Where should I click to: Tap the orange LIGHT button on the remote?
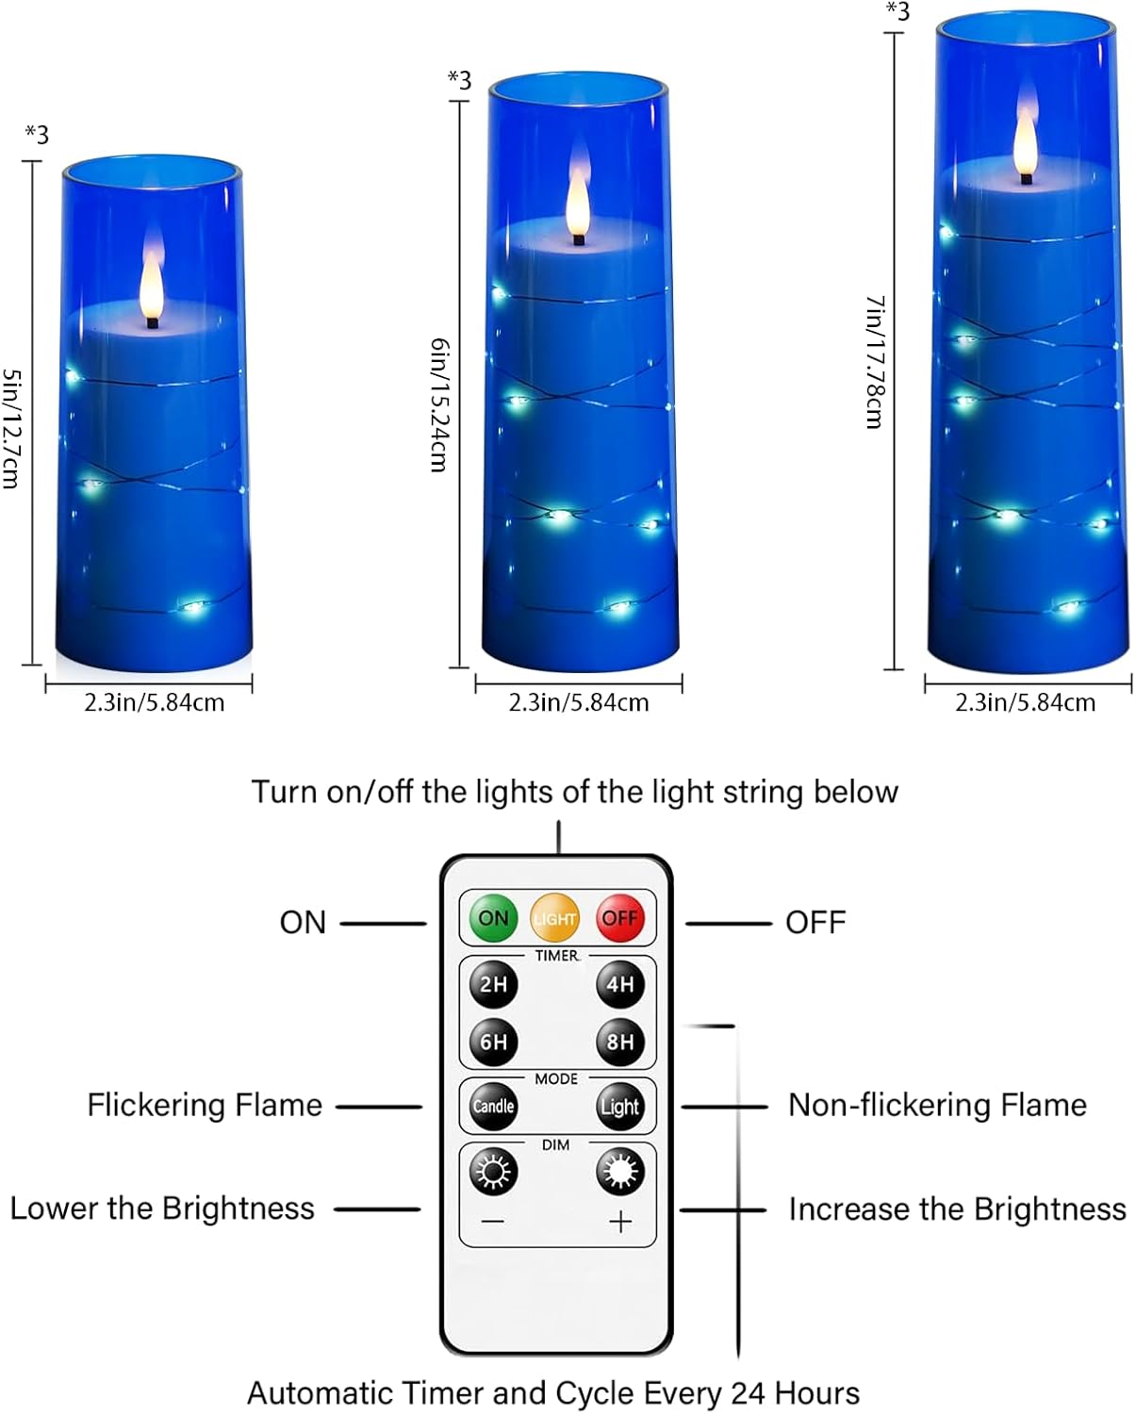coord(554,918)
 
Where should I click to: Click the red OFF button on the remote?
coord(619,918)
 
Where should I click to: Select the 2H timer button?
coord(493,984)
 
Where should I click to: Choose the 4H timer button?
coord(619,984)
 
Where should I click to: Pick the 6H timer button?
coord(493,1042)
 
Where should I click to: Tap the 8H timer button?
coord(619,1042)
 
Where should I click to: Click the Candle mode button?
coord(493,1106)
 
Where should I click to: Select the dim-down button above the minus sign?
coord(493,1173)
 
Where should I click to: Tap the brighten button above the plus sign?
coord(619,1173)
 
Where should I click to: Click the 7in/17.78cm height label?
coord(875,362)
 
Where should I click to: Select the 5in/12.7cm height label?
coord(11,428)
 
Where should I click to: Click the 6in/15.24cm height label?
coord(439,404)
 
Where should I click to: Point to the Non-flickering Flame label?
coord(937,1105)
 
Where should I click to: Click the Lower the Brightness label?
coord(162,1208)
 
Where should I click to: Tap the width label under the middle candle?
coord(579,702)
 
